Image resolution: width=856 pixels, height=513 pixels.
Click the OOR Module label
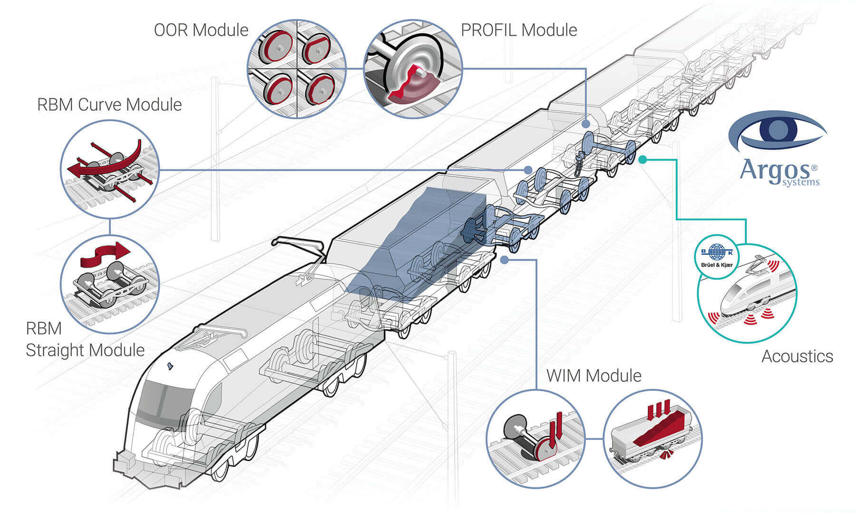201,30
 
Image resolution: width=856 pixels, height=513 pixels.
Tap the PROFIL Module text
519,30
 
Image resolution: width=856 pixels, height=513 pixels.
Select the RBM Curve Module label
109,105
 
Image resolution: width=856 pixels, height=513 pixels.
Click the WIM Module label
594,376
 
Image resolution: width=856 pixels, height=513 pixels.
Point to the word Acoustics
797,357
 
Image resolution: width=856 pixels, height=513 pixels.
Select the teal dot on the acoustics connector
642,160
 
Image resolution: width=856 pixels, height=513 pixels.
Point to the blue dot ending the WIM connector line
505,260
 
